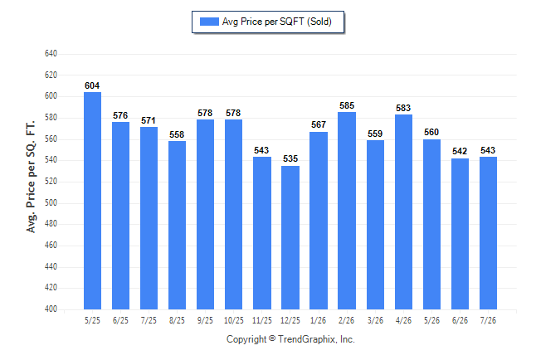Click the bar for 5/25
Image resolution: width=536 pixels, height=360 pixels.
tap(92, 201)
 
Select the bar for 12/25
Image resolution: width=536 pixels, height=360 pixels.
tap(290, 237)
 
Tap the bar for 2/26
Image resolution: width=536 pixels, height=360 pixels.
tap(347, 211)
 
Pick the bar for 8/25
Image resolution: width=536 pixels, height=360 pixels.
tap(177, 226)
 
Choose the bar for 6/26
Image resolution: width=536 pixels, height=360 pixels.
tap(460, 234)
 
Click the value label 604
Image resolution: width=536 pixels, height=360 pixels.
tap(92, 85)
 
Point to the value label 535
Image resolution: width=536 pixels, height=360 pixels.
tap(290, 158)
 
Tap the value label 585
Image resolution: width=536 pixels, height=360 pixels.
tap(347, 105)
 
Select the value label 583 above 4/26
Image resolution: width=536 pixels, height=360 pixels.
tap(403, 108)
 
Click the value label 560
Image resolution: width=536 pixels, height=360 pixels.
tap(431, 133)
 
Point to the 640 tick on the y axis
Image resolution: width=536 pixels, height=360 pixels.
tap(51, 54)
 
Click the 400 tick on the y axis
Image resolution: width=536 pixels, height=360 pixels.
tap(51, 309)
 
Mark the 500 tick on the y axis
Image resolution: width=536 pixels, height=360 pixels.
tap(51, 202)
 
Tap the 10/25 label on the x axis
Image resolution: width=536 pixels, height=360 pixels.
tap(234, 320)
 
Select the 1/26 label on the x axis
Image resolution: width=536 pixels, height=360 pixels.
tap(319, 320)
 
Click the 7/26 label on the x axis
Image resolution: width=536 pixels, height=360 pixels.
tap(488, 320)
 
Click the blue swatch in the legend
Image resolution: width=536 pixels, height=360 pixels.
tap(209, 22)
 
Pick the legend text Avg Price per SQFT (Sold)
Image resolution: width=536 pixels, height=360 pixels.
tap(277, 22)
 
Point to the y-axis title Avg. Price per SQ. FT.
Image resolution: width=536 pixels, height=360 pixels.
tap(31, 177)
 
